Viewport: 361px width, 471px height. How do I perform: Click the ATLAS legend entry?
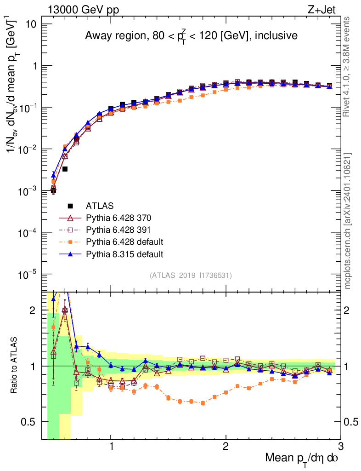click(100, 206)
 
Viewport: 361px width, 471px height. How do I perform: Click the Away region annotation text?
click(191, 36)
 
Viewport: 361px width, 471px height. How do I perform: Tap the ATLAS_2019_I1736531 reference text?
click(191, 276)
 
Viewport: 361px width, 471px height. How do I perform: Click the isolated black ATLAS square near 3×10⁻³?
click(65, 169)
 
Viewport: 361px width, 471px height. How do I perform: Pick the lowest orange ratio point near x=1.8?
click(203, 403)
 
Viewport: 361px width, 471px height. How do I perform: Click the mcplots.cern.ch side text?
click(348, 220)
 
